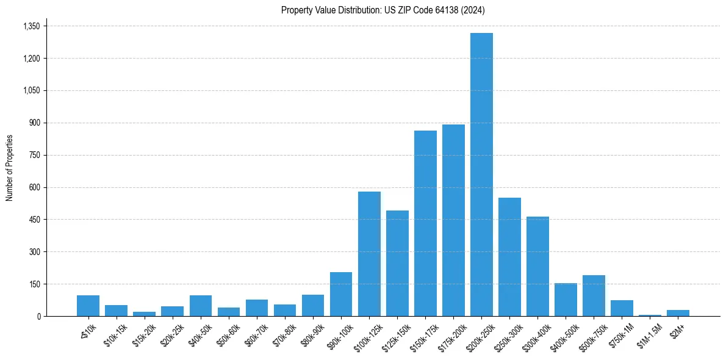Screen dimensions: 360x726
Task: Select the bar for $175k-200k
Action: click(453, 220)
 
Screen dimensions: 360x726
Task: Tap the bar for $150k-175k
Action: click(425, 223)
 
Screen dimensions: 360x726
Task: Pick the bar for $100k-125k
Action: click(369, 254)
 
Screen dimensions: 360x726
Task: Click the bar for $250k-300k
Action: click(509, 257)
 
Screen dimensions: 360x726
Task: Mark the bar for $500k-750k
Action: click(594, 296)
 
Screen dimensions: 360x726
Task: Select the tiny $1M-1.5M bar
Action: click(650, 315)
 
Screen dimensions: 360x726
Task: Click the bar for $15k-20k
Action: click(145, 314)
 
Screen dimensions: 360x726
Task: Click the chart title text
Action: click(383, 10)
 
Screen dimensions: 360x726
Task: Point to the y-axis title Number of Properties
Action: click(10, 168)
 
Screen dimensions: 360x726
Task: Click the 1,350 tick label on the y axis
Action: click(31, 26)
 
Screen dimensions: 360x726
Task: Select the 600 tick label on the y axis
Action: click(34, 187)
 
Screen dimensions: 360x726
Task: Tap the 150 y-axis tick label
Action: click(34, 284)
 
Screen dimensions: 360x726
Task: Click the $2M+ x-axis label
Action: click(676, 330)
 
